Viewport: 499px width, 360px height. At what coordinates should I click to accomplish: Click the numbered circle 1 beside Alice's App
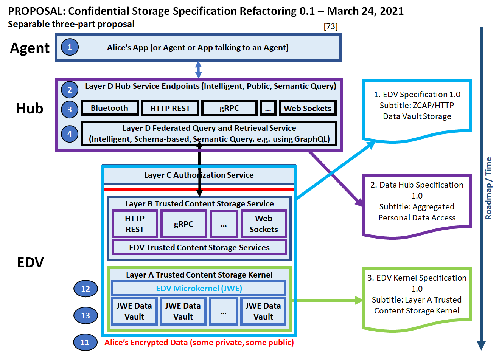click(x=70, y=47)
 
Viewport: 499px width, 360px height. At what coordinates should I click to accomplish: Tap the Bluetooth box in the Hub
click(x=110, y=108)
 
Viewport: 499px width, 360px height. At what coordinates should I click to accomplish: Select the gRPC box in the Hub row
click(x=229, y=108)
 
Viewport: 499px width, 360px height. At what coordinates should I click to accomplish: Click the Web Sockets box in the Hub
click(x=308, y=109)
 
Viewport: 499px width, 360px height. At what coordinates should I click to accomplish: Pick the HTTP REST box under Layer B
click(x=135, y=224)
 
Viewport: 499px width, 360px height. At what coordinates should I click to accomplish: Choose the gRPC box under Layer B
click(x=183, y=224)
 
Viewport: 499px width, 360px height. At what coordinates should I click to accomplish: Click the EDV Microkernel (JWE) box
click(x=199, y=288)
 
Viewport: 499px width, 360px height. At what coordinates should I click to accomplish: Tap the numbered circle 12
click(x=85, y=289)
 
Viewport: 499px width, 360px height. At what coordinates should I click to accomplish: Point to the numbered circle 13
click(x=85, y=315)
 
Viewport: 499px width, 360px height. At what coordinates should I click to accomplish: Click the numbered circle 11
click(x=85, y=342)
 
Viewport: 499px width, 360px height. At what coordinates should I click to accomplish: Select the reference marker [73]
click(x=331, y=26)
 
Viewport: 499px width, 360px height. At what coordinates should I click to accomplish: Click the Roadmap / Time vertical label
click(x=488, y=188)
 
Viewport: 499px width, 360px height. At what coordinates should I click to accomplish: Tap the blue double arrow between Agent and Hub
click(x=198, y=70)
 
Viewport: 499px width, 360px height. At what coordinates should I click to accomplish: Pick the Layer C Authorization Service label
click(x=199, y=175)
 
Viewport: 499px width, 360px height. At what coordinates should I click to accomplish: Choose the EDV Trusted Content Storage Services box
click(x=199, y=248)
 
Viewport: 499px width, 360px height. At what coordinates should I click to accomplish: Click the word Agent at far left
click(x=30, y=48)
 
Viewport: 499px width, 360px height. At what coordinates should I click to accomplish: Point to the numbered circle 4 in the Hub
click(x=70, y=133)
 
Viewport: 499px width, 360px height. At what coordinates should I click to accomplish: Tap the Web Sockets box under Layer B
click(x=264, y=224)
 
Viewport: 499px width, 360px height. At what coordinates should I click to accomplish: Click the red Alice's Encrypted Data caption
click(x=199, y=343)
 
